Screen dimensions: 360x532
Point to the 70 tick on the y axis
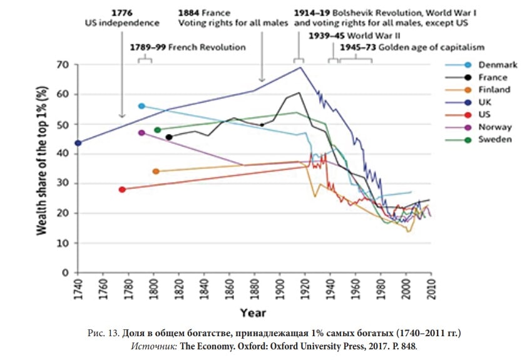point(63,64)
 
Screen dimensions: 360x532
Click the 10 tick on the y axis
point(63,243)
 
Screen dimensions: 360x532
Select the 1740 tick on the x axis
point(78,287)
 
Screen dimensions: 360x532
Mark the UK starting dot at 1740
point(78,143)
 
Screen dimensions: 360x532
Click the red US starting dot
point(123,189)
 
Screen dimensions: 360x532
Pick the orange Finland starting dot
point(156,171)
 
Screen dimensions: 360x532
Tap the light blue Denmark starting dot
point(141,106)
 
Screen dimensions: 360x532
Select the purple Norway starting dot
point(141,133)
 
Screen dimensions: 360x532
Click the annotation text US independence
point(122,23)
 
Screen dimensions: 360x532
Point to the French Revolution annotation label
point(188,47)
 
